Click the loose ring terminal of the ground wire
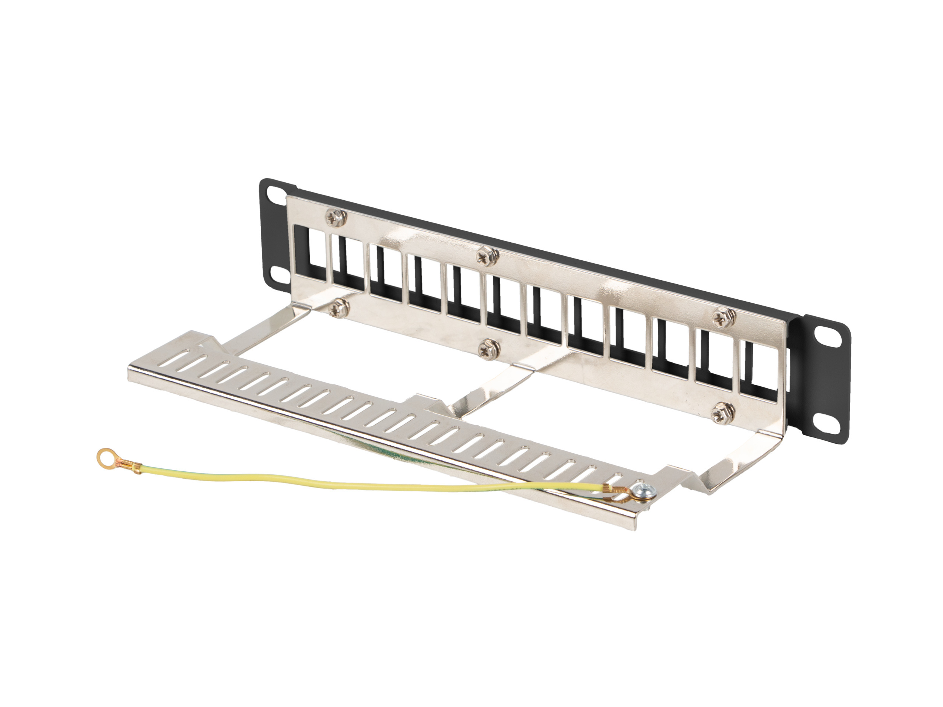104,456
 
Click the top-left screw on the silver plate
336,217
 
